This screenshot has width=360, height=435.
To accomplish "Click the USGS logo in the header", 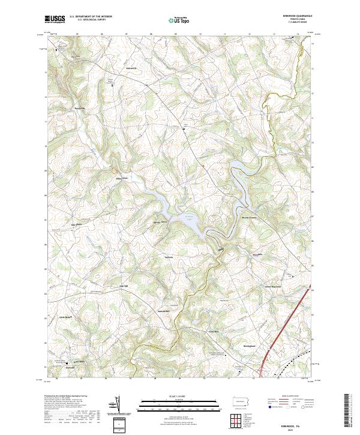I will [x=55, y=20].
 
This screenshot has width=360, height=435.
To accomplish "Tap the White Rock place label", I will [x=122, y=178].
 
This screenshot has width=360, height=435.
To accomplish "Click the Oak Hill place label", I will [x=124, y=286].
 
